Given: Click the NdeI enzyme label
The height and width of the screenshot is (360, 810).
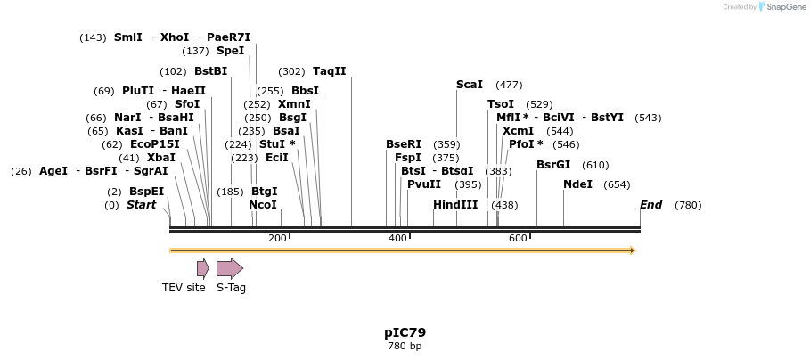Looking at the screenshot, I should point(577,184).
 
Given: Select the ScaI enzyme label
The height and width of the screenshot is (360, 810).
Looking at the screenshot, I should point(470,85).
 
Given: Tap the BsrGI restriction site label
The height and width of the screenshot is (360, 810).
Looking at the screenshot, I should point(553,165).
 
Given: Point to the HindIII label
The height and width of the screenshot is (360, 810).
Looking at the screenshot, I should point(455,205).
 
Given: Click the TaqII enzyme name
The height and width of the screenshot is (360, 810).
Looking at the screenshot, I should point(329,71).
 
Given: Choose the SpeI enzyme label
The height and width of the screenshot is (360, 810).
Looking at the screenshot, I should point(230,51).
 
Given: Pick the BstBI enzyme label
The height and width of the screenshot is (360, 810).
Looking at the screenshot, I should point(210,71).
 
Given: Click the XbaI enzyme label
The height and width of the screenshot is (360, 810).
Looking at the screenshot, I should point(161,158).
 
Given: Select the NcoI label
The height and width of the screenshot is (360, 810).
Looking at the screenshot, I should point(263,205).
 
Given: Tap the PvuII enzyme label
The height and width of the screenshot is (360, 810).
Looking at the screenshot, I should point(424,184).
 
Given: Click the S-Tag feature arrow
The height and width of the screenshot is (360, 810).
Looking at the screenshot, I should point(230,268).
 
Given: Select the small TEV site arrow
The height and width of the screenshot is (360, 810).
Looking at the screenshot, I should point(203,268).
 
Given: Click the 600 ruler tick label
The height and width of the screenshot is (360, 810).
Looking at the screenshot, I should point(518,238).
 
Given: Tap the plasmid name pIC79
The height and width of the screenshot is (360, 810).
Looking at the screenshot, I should point(405,332).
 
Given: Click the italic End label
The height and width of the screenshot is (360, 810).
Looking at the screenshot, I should point(650,205).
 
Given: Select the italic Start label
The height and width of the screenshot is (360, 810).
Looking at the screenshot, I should point(141,205).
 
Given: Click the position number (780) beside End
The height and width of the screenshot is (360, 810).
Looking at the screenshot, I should point(688,205).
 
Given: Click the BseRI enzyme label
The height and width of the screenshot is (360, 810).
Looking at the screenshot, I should point(404,144).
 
